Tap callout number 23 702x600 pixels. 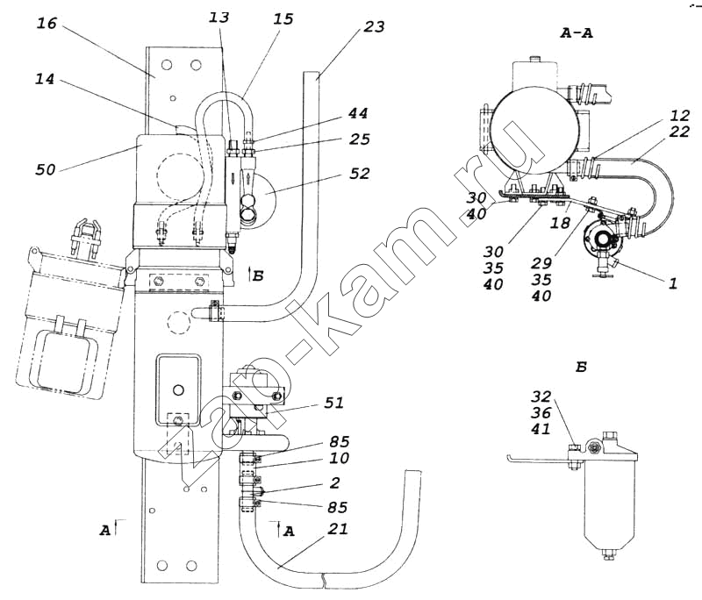pos(373,26)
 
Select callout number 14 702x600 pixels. pos(47,79)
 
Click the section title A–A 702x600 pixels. pos(577,32)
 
